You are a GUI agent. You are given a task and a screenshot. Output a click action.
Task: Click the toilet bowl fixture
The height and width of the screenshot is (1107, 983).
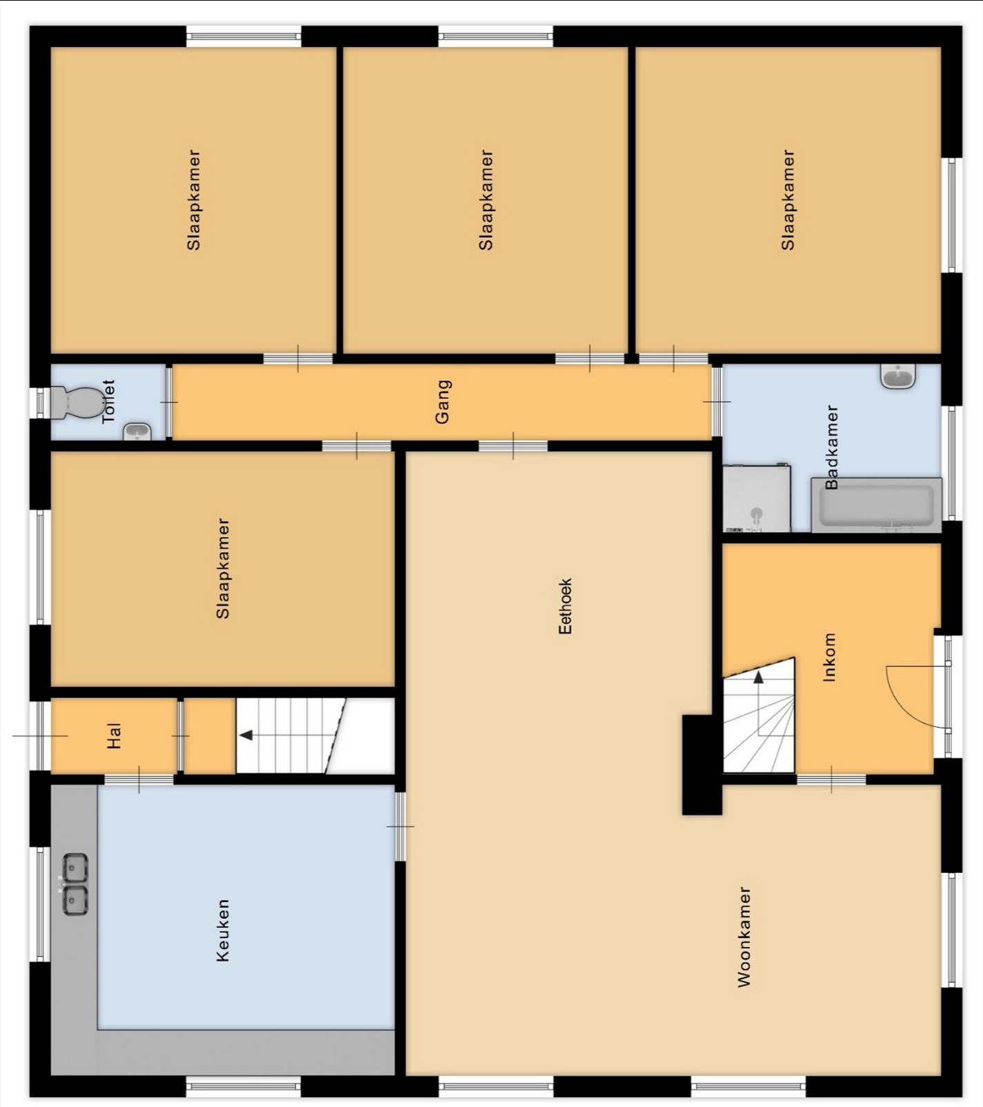(x=75, y=402)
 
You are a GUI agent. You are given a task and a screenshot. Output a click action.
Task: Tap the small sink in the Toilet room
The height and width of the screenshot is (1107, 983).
(x=137, y=432)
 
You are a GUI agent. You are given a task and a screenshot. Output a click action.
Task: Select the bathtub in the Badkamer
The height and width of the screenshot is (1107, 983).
(x=876, y=504)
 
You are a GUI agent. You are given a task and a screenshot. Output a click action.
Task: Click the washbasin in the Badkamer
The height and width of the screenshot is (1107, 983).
(x=898, y=377)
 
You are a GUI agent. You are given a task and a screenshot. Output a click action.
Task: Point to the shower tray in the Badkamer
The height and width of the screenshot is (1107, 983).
(x=757, y=498)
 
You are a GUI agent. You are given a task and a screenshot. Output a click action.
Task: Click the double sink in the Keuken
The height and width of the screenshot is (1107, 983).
(x=75, y=884)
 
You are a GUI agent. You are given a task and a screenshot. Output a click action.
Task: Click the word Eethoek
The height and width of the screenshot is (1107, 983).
(x=565, y=606)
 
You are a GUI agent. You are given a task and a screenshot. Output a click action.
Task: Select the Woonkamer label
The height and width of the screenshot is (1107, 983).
(x=744, y=937)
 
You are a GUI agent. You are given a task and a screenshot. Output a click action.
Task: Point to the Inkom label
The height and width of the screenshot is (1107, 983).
(x=829, y=657)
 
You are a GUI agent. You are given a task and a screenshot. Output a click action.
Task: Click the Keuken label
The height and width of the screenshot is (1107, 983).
(x=222, y=930)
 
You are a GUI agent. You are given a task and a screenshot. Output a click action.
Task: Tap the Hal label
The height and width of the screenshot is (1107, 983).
(x=115, y=736)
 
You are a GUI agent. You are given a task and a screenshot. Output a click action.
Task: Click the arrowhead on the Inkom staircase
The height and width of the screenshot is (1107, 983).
(x=759, y=677)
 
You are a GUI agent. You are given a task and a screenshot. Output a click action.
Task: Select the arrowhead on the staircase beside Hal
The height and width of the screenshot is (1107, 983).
(x=246, y=735)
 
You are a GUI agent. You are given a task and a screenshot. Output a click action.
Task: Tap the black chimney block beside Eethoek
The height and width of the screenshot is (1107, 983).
(x=702, y=765)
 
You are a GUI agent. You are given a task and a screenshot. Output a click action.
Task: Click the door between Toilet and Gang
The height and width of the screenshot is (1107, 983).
(x=168, y=402)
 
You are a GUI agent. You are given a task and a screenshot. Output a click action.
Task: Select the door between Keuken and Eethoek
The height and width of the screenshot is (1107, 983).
(x=400, y=826)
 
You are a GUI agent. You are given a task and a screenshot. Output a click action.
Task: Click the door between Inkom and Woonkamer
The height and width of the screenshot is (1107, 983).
(x=831, y=779)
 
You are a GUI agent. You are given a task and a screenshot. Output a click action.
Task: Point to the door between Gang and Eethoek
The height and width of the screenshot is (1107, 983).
(x=513, y=446)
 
